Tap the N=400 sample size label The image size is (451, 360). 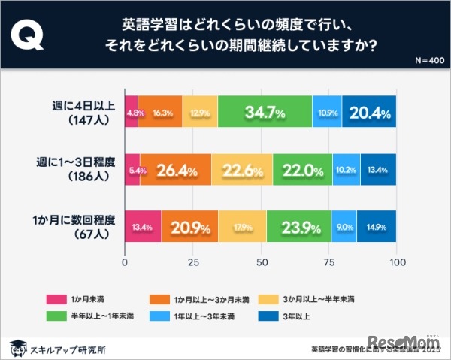pyautogui.click(x=428, y=59)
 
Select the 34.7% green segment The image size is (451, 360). pyautogui.click(x=265, y=113)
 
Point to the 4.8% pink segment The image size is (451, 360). pyautogui.click(x=132, y=113)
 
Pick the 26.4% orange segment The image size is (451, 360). pyautogui.click(x=175, y=170)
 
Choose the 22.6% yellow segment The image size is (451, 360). pyautogui.click(x=242, y=170)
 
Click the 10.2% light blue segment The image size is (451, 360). pyautogui.click(x=346, y=170)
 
